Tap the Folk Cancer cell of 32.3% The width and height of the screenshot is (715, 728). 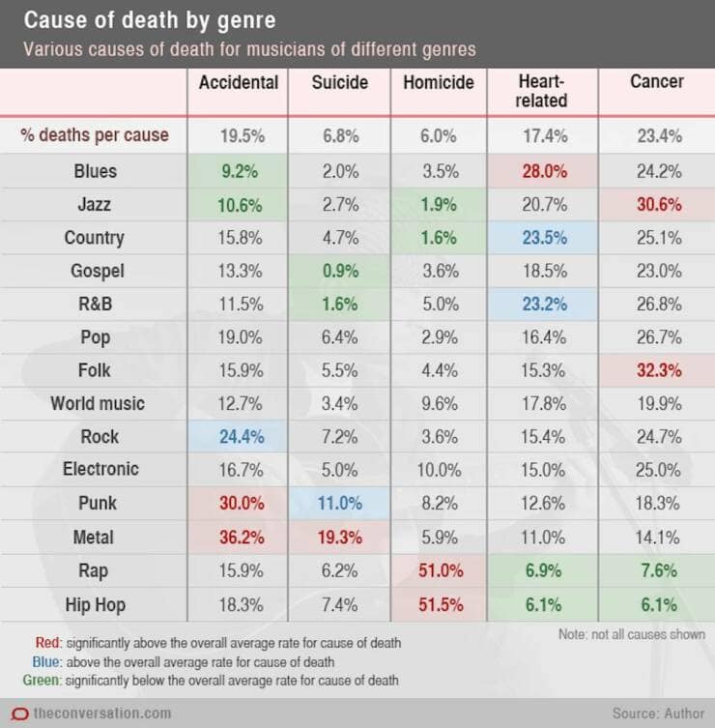coord(658,369)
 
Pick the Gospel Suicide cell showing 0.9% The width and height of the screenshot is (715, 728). coord(339,272)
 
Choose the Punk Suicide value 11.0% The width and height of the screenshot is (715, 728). coord(339,504)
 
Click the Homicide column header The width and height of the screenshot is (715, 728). coord(438,83)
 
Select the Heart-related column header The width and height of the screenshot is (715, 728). coord(542,92)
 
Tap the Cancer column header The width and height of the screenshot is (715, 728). coord(657,83)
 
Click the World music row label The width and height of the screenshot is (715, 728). coord(97,403)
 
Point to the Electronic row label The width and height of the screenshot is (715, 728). coord(100,469)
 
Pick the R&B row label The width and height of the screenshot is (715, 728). coord(95,305)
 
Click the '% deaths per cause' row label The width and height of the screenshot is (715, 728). coord(95,135)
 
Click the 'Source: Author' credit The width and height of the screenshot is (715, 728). coord(658,713)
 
